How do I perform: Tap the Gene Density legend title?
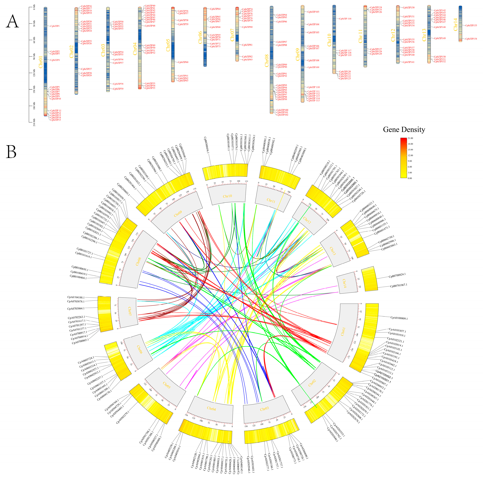coord(404,130)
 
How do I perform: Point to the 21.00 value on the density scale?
coord(410,138)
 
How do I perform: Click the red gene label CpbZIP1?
coord(55,26)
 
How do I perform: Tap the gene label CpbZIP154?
coord(471,39)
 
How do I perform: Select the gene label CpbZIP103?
coord(313,12)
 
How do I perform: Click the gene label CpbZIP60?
coord(183,62)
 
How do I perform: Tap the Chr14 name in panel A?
coord(455,25)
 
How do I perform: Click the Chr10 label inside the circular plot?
coord(227,196)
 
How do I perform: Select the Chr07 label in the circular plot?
coord(130,311)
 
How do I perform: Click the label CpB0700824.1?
coord(397,276)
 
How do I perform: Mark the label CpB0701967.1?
coord(398,285)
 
